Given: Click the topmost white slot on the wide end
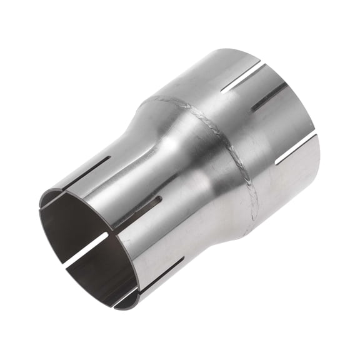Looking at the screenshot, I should tap(244, 78).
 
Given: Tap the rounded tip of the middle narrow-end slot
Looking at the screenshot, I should tap(159, 199).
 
